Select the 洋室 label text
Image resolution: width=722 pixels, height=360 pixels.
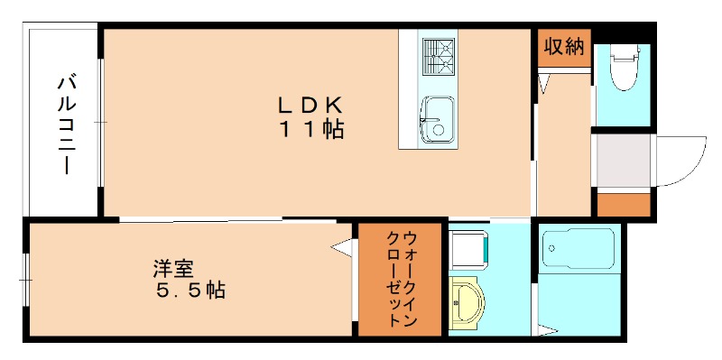pyautogui.click(x=173, y=269)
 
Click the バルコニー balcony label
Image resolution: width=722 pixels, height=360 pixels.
pyautogui.click(x=66, y=125)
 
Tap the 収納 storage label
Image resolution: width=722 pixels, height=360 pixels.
pyautogui.click(x=563, y=47)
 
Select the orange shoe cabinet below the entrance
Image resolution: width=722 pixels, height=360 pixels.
pyautogui.click(x=624, y=204)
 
